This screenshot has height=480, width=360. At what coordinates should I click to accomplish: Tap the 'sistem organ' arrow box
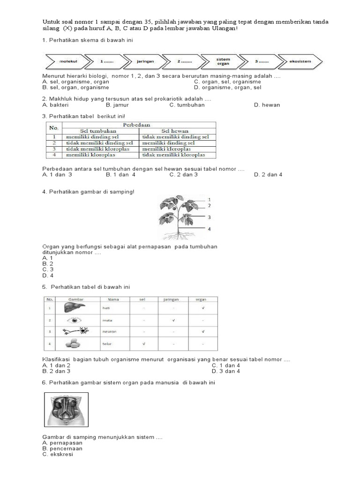(223, 61)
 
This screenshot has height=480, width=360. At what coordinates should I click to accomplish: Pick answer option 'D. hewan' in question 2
(267, 105)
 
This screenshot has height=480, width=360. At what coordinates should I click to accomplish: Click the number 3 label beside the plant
(209, 217)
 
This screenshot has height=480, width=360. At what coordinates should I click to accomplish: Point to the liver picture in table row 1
(75, 308)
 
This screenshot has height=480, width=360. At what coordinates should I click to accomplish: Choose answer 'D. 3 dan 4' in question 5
(225, 371)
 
